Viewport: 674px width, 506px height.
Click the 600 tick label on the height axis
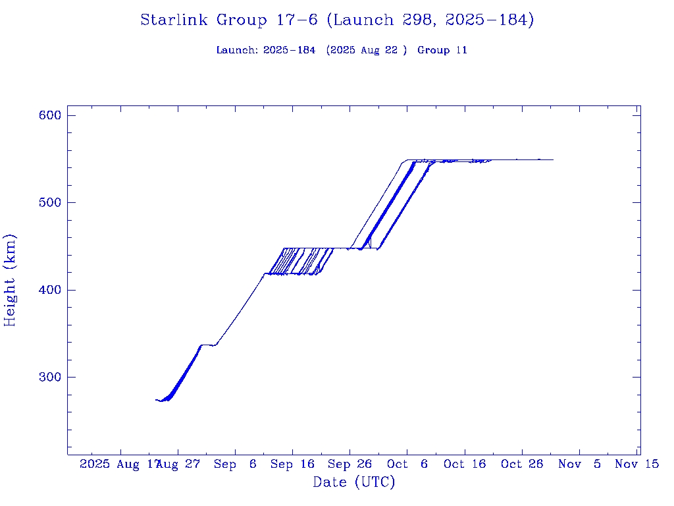(x=50, y=115)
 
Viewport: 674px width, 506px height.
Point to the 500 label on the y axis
(x=50, y=202)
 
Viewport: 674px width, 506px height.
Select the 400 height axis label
(x=50, y=290)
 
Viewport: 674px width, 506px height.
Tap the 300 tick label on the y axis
(x=50, y=377)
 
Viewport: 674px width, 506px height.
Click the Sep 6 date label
(x=235, y=464)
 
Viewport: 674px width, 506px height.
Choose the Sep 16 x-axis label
(x=292, y=464)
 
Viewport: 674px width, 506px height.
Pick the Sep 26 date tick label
(x=350, y=464)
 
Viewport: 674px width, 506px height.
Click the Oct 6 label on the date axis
(x=407, y=464)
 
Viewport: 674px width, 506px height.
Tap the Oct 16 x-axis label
(x=465, y=464)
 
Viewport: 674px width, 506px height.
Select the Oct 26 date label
(x=522, y=464)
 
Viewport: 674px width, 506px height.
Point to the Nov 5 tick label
(x=579, y=464)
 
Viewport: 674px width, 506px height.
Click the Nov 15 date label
(x=636, y=464)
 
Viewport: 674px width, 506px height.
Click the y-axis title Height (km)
(x=10, y=280)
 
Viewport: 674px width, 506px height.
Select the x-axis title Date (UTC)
(x=354, y=483)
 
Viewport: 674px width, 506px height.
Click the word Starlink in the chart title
(x=176, y=20)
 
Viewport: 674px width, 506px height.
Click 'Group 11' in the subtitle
(x=442, y=50)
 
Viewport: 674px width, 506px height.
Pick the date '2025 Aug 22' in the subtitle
(x=367, y=50)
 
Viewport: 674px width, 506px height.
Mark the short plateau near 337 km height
(x=208, y=345)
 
